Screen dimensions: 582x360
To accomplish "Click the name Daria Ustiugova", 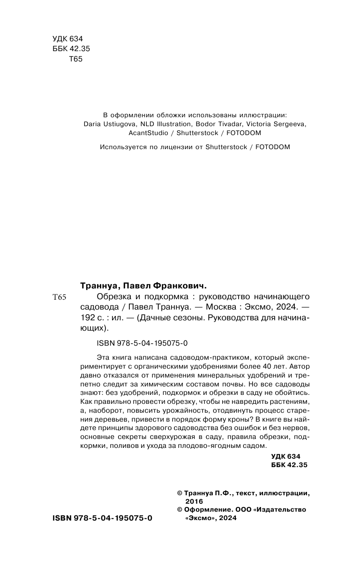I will click(x=107, y=124).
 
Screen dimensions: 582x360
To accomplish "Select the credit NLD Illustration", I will click(x=163, y=124).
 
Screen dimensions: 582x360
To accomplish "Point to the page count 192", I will click(x=88, y=318).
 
